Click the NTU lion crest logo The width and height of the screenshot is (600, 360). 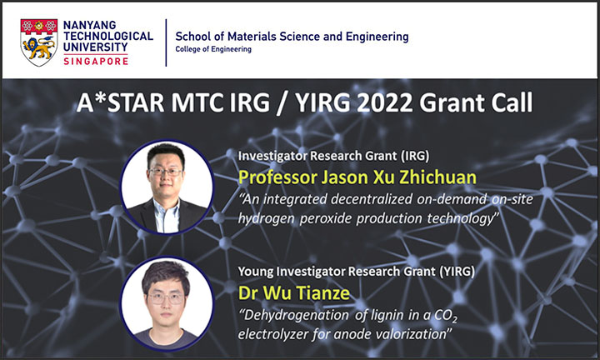pos(39,42)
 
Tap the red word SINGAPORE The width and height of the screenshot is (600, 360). pos(96,61)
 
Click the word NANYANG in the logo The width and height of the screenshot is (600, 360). pos(89,25)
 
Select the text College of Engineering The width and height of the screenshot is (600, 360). pos(213,49)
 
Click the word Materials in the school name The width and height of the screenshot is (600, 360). pos(252,37)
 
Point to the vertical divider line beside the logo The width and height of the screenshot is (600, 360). pos(166,42)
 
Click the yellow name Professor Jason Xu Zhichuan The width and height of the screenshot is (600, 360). pos(357,177)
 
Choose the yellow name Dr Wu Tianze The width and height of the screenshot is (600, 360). pos(294,293)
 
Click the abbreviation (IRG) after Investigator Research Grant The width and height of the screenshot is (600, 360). pos(415,156)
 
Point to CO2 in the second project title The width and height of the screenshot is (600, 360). pos(446,316)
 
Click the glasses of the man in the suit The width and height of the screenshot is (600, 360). pos(165,172)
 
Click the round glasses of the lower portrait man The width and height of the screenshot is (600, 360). pos(166,298)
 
